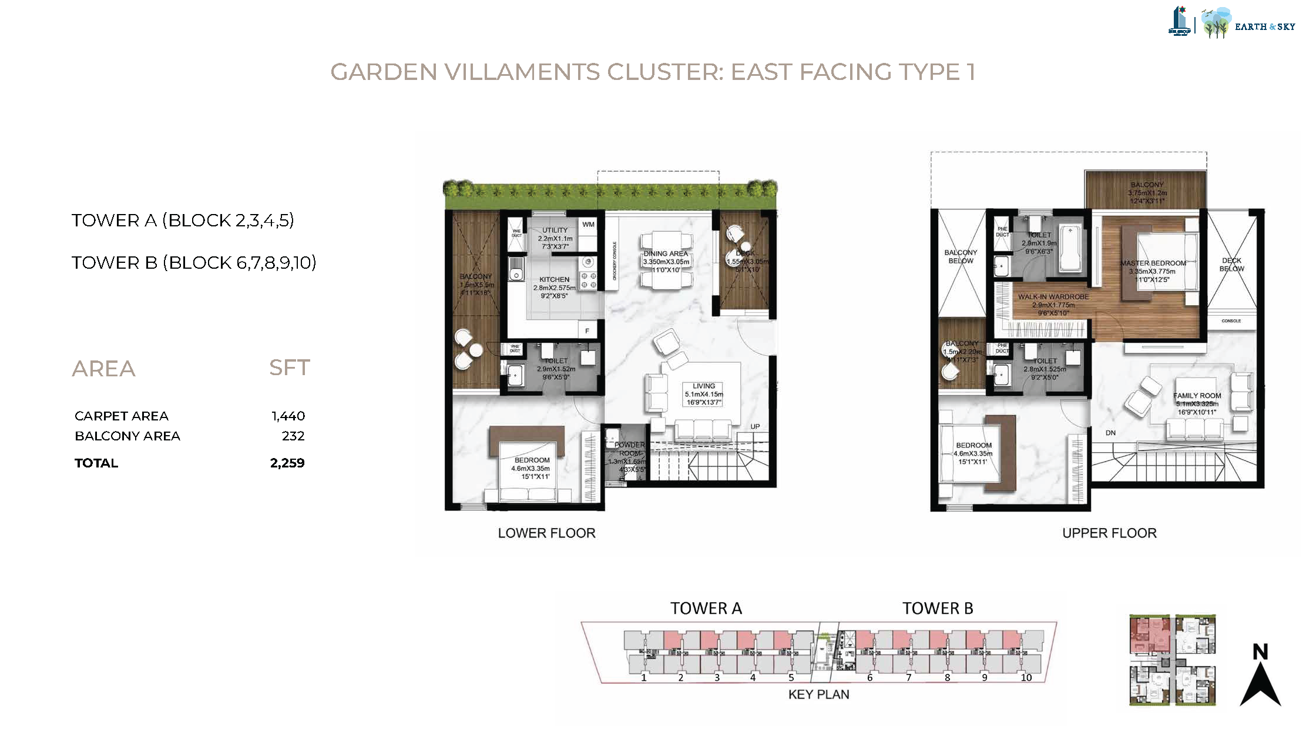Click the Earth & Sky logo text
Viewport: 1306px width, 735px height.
1264,26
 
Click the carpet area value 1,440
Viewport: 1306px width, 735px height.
288,416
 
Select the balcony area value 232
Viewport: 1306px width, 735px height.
293,436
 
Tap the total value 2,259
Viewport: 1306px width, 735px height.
287,463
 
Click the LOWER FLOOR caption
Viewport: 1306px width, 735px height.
546,533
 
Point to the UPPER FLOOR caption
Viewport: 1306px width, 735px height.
1109,533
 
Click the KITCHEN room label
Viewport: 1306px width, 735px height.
554,280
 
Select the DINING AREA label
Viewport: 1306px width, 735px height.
665,254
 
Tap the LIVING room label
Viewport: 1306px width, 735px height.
703,386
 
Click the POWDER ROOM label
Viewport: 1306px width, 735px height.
629,449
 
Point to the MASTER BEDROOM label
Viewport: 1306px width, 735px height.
1153,263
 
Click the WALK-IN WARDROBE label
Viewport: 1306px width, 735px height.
1053,297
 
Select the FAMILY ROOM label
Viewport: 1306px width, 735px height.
1197,396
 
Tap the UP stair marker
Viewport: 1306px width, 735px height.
755,426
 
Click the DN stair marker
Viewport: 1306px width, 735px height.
1110,433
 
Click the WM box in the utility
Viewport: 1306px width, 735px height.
588,225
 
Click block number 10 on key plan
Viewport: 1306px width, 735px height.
1026,677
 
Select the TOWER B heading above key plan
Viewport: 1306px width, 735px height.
938,609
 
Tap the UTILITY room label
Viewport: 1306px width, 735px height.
555,230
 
